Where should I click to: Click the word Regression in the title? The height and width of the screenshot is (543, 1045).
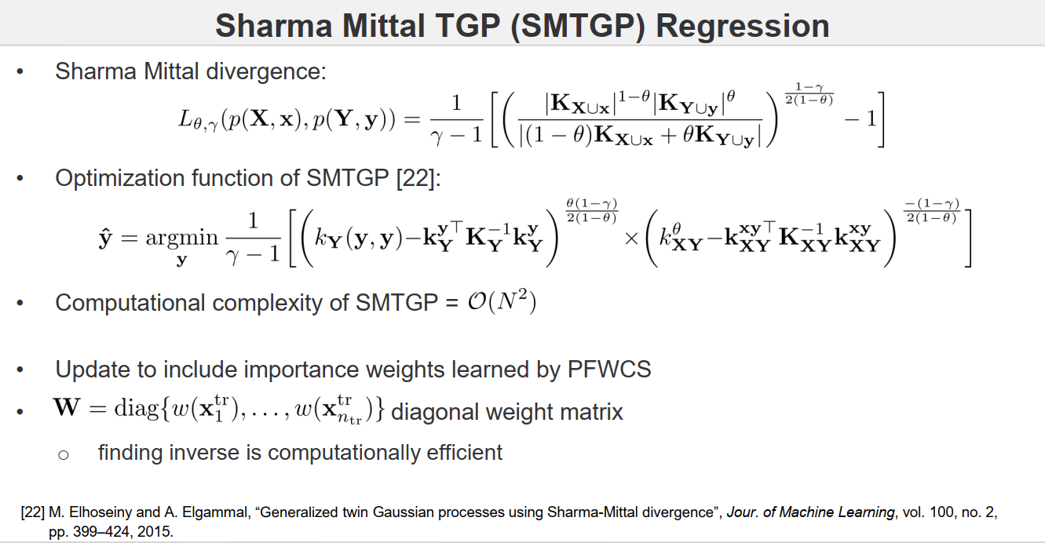click(743, 26)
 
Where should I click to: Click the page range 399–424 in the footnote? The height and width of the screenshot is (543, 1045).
click(96, 530)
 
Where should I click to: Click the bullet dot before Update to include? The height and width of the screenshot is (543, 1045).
click(21, 370)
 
